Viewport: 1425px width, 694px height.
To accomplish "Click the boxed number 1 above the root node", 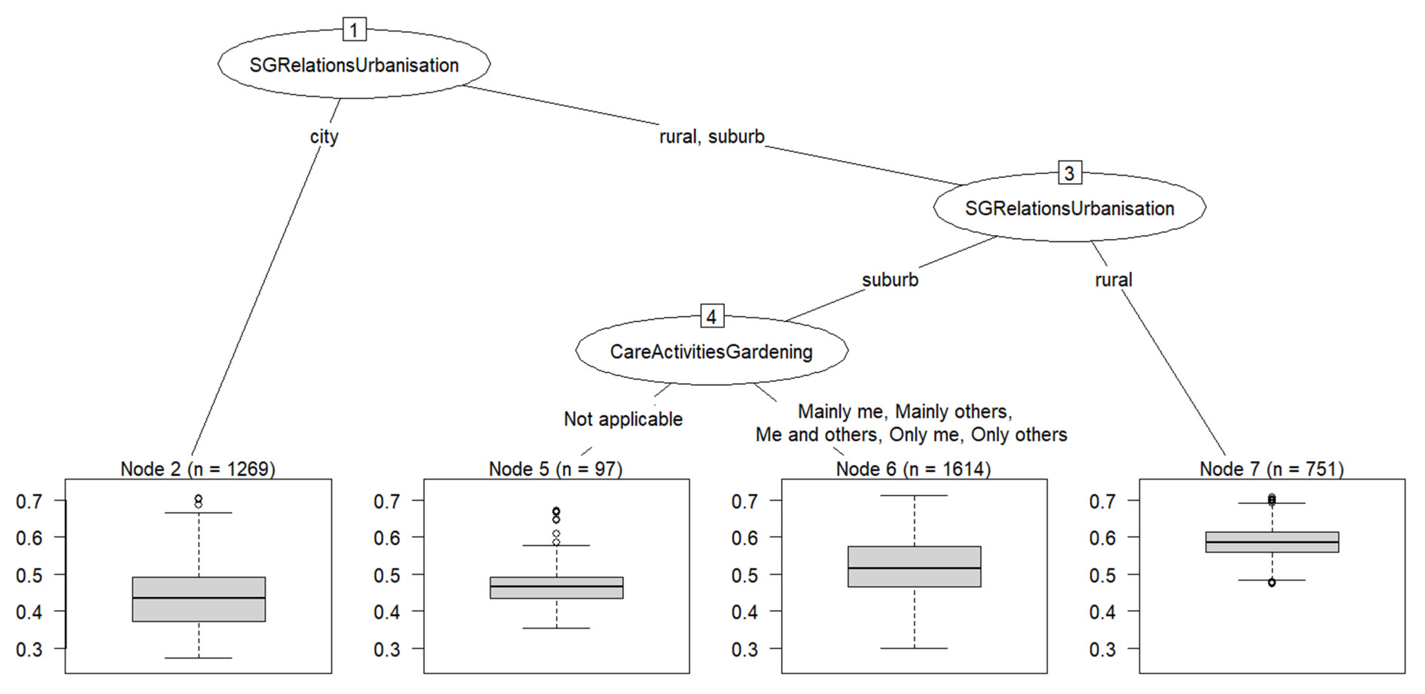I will click(x=354, y=29).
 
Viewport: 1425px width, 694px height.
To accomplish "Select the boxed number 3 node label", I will click(x=1069, y=173).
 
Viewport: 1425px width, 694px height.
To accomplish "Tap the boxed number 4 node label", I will click(x=711, y=316).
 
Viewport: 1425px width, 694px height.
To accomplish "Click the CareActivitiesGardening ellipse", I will click(x=711, y=352).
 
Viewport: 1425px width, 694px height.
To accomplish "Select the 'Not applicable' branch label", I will click(x=623, y=419).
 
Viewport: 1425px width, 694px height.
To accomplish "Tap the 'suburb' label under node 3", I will click(x=890, y=280).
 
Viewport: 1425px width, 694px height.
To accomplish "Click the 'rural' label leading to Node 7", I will click(x=1113, y=280).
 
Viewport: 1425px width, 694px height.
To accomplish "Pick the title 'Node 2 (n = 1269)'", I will click(x=198, y=469).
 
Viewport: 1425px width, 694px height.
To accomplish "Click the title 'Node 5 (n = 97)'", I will click(x=556, y=469).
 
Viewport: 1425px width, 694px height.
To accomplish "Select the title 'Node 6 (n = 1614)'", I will click(x=913, y=469).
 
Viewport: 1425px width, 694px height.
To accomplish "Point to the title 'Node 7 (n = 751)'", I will click(x=1271, y=469).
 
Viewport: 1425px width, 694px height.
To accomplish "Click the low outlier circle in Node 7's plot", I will click(x=1272, y=582).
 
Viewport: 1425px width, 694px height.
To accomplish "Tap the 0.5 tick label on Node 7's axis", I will click(x=1102, y=575).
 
